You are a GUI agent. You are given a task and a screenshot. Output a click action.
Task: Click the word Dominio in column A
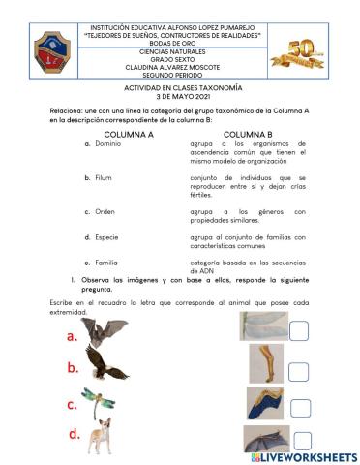point(108,144)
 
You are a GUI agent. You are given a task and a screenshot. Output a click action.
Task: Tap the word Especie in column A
point(107,236)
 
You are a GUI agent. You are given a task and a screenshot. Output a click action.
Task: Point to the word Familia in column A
point(107,262)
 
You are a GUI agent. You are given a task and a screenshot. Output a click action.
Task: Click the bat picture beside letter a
point(105,335)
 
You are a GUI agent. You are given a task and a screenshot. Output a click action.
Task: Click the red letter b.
point(73,368)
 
